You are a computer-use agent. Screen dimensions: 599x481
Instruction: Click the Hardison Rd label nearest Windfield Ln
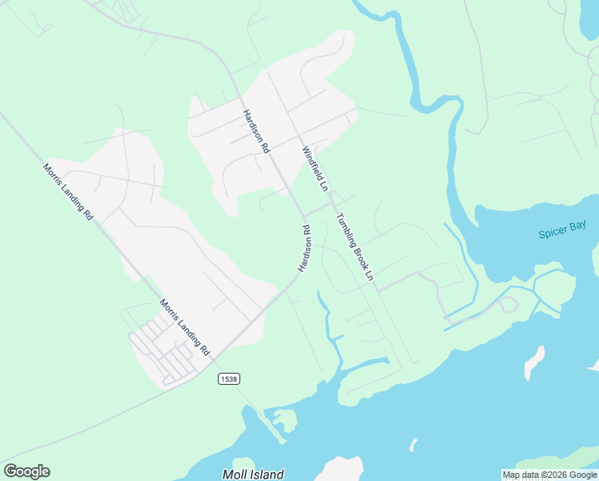pyautogui.click(x=257, y=131)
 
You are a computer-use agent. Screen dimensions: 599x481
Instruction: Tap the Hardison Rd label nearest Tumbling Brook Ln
pyautogui.click(x=304, y=249)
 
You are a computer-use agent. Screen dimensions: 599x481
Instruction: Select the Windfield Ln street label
pyautogui.click(x=315, y=168)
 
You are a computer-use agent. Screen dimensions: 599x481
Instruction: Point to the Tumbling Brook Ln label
pyautogui.click(x=355, y=246)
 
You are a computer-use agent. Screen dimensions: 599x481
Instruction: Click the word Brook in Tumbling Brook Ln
pyautogui.click(x=357, y=250)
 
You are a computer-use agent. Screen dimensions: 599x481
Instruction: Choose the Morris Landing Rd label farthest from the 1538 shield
pyautogui.click(x=68, y=192)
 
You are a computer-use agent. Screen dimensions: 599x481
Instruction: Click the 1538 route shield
pyautogui.click(x=228, y=378)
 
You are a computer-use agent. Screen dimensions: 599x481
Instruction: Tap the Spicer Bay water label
pyautogui.click(x=562, y=231)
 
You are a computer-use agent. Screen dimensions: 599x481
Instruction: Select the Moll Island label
pyautogui.click(x=253, y=475)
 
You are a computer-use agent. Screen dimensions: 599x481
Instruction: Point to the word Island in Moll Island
pyautogui.click(x=265, y=475)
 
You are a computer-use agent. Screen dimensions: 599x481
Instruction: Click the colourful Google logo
pyautogui.click(x=26, y=471)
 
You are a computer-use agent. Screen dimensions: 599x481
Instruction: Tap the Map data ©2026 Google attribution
pyautogui.click(x=549, y=475)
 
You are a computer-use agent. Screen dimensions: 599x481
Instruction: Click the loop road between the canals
pyautogui.click(x=506, y=305)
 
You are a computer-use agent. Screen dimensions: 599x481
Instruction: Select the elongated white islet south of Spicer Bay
pyautogui.click(x=533, y=362)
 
